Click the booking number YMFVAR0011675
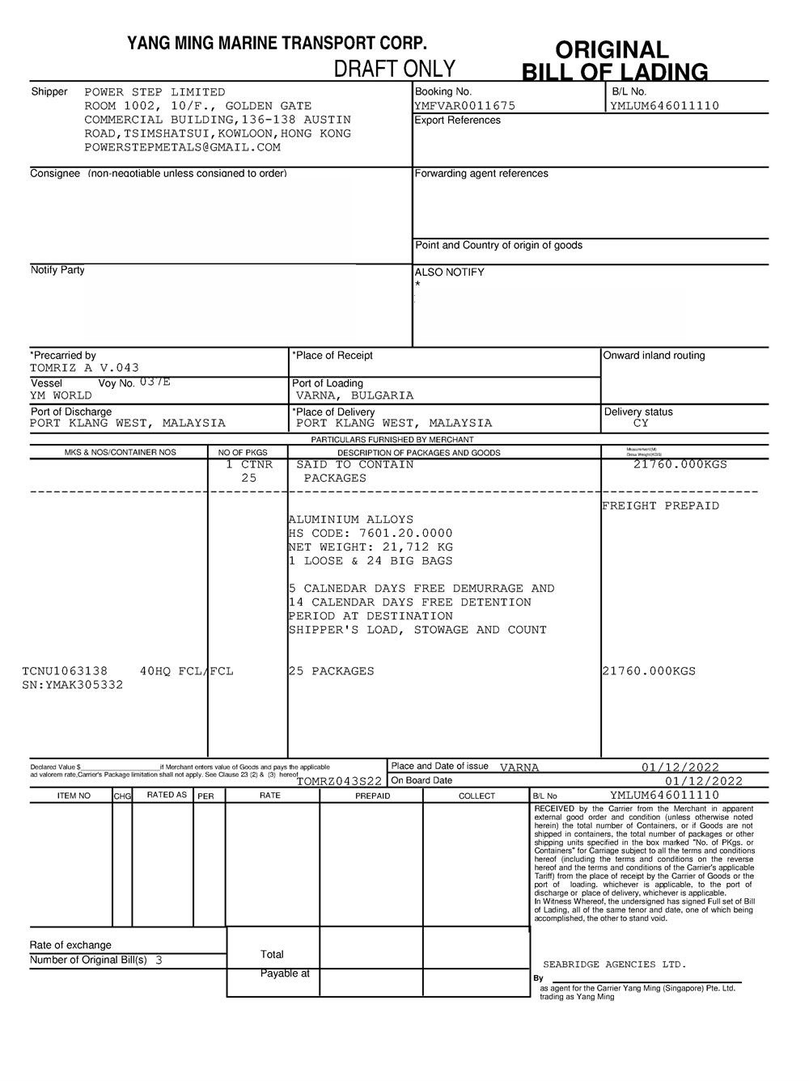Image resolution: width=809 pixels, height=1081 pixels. pos(464,106)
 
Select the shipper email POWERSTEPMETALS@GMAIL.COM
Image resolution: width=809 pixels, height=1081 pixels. pos(183,147)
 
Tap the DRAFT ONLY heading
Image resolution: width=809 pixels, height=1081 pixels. pos(395,69)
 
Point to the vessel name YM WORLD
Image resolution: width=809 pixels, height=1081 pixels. pos(61,396)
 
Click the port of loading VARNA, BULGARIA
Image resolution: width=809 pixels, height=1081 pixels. pos(354,396)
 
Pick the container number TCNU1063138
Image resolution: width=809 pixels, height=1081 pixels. pos(65,671)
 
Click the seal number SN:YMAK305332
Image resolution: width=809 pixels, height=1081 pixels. pos(73,685)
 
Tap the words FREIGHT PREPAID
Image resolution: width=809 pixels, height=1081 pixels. pos(660,506)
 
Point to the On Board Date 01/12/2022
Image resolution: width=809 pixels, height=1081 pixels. pos(703,781)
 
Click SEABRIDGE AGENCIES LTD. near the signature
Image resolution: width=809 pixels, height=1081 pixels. pos(614,965)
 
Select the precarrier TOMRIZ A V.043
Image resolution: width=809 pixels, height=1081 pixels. pos(84,368)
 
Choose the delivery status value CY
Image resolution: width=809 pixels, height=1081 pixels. pos(641,424)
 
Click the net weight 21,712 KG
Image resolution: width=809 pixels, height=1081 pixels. pos(417,547)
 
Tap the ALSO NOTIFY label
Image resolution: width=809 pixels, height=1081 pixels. pos(449,272)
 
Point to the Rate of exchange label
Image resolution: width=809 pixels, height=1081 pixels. pos(70,945)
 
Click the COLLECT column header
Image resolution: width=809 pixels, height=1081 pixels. pos(477,796)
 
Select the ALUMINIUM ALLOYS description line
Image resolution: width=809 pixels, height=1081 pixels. pos(351,520)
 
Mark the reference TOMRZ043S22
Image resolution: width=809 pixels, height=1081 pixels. pos(339,781)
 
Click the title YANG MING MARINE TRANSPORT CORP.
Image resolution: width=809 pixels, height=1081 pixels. pos(277,44)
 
